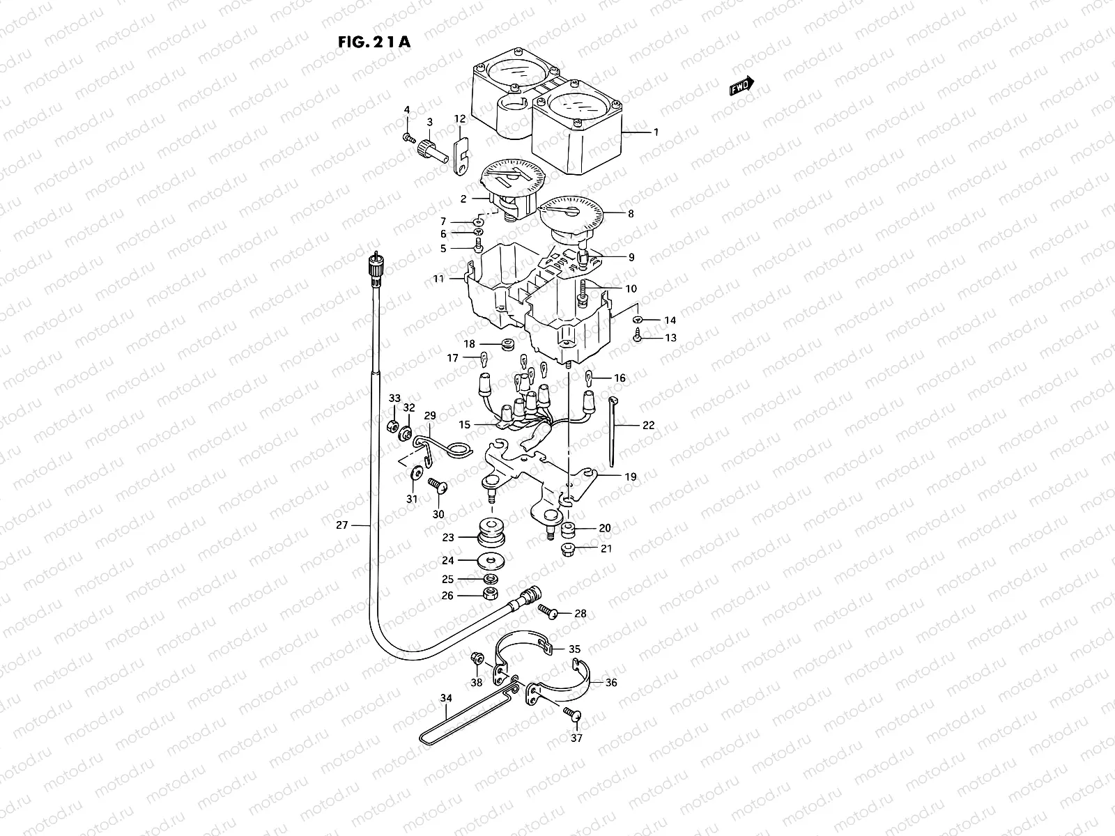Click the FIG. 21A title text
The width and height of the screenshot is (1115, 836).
tap(374, 41)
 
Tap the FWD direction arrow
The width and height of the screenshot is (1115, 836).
tap(741, 86)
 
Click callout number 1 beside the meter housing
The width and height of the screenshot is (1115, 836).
tap(654, 132)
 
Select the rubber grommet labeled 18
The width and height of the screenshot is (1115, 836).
tap(507, 343)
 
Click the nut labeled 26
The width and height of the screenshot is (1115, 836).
tap(490, 594)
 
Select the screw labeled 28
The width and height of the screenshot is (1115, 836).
tap(546, 611)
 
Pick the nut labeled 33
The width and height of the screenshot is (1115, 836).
tap(392, 425)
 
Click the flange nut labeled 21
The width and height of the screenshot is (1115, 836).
tap(568, 549)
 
